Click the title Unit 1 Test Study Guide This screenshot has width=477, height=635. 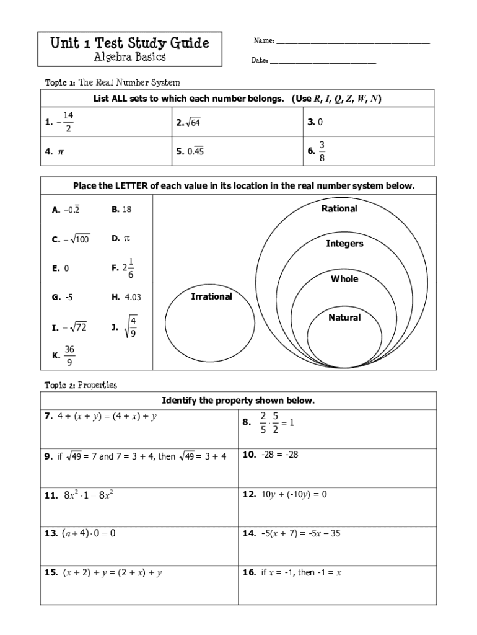[129, 43]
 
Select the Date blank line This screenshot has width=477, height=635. [323, 62]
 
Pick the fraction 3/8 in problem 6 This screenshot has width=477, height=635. [322, 152]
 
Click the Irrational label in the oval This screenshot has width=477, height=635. [211, 296]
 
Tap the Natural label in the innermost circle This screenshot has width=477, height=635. [344, 317]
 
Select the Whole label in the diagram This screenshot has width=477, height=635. [344, 279]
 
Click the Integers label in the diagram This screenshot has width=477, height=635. [344, 244]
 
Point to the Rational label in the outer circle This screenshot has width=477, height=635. [339, 209]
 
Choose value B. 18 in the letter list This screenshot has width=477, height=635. [122, 210]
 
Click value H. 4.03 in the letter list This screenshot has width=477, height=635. [126, 297]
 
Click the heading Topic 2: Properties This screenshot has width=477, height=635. [81, 385]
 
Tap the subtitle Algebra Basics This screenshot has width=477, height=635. [129, 57]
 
